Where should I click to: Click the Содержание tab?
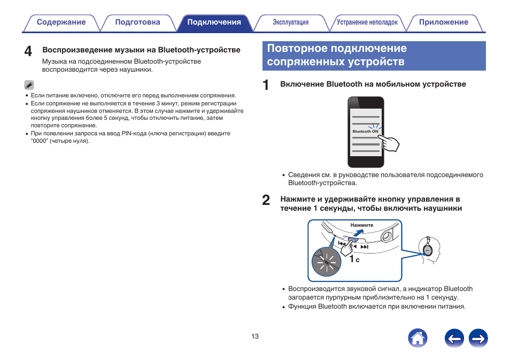point(61,22)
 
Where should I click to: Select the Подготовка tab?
point(137,22)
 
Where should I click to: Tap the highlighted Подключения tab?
point(214,22)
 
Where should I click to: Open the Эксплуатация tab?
point(291,22)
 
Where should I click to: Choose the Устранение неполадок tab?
point(367,22)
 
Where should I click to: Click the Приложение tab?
point(443,22)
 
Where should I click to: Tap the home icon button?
point(418,338)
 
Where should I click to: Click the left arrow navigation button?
point(454,338)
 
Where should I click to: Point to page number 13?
point(255,336)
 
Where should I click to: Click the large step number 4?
point(28,51)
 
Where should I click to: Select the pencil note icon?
point(29,85)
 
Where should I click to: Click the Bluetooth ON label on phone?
point(365,131)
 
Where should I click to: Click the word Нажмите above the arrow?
point(362,225)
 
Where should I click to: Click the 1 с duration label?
point(354,259)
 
